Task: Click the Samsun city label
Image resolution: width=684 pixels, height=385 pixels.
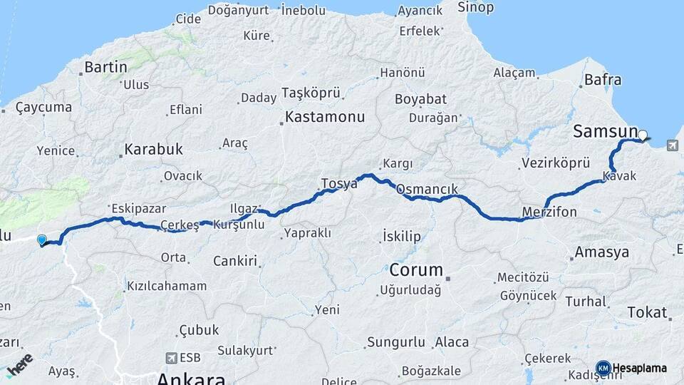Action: point(605,131)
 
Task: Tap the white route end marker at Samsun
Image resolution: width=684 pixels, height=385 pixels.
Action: point(643,135)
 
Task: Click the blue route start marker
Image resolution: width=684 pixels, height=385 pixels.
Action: point(42,240)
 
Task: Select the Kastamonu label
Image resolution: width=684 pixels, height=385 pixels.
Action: point(325,117)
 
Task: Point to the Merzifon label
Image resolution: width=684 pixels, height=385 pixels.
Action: point(549,212)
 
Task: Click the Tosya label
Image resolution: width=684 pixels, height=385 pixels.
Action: point(339,184)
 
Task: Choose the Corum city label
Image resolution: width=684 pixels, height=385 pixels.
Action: point(416,271)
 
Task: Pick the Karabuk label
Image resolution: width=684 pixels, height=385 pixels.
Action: point(153,150)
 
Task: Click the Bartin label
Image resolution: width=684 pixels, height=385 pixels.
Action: point(105,68)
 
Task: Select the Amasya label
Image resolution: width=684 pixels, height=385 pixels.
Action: point(602,252)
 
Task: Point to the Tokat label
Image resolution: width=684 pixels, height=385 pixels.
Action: point(647,312)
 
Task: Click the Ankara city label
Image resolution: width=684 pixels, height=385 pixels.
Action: point(191,378)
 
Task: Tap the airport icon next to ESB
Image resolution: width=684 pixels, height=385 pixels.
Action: point(170,358)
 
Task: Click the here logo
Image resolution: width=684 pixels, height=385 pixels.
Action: point(19,364)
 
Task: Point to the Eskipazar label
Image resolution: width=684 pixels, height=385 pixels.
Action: point(138,209)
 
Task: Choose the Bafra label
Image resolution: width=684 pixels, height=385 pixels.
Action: point(602,80)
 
